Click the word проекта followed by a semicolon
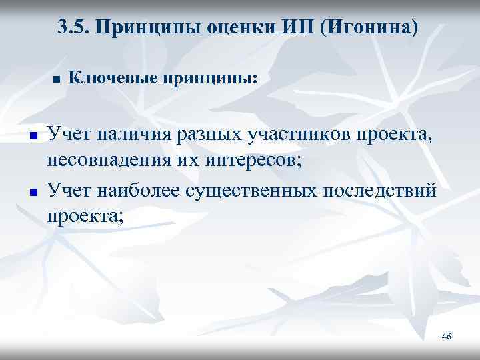click(x=83, y=217)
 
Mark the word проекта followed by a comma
click(x=398, y=136)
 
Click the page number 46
click(x=446, y=337)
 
